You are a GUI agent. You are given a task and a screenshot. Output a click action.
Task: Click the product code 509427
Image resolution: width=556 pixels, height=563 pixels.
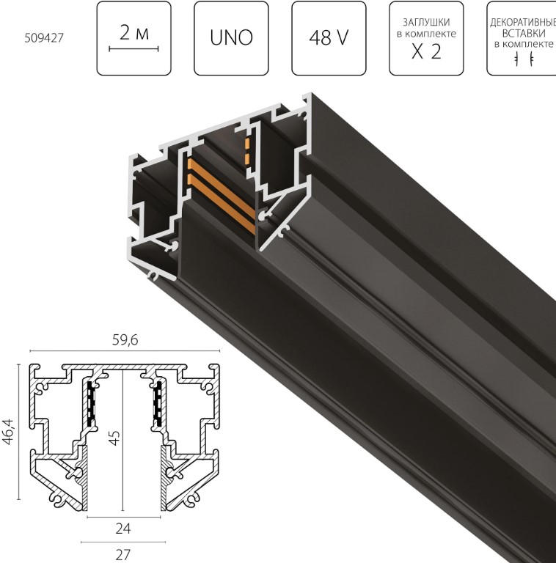tap(44, 37)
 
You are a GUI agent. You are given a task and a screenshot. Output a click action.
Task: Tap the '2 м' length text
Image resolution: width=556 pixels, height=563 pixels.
tap(134, 33)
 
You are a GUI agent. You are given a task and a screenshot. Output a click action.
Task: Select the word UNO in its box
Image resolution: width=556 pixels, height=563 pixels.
tap(231, 37)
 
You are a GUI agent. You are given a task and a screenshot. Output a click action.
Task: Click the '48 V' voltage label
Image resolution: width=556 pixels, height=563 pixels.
tap(329, 37)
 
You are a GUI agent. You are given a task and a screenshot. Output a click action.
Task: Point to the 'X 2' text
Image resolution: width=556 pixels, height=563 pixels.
tap(426, 52)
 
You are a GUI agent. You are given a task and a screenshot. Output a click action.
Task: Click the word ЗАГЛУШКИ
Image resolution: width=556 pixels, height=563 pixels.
tap(426, 22)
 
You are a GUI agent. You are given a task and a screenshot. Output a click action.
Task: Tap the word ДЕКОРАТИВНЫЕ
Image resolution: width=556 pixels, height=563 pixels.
tap(523, 23)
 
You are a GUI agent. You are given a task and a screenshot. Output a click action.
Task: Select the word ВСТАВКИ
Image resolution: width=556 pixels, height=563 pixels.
tap(524, 34)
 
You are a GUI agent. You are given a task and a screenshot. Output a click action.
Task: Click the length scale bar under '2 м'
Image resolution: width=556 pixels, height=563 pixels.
tap(133, 49)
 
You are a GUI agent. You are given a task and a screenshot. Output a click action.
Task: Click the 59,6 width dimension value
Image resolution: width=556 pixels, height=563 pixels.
tap(125, 340)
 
